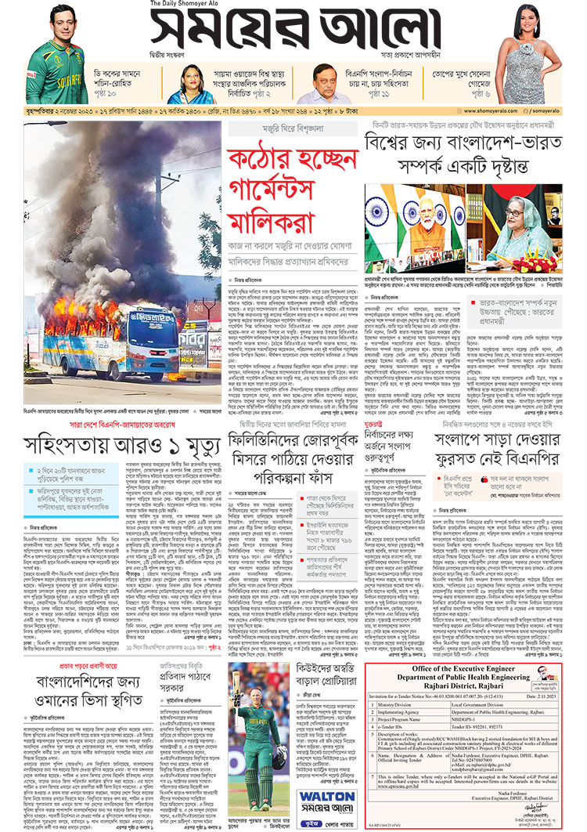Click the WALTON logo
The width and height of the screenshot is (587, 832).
tap(322, 795)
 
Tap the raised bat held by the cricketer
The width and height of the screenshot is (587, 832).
tap(237, 690)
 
